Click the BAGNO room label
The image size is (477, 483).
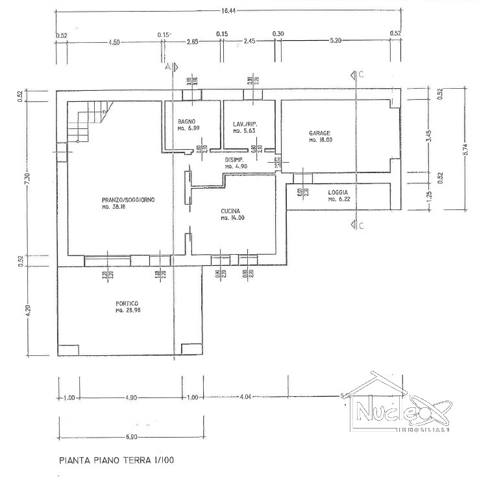[186, 122]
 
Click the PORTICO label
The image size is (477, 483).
[127, 303]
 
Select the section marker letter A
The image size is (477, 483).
[167, 67]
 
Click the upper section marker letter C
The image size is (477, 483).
[361, 75]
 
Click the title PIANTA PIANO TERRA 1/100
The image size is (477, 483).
[117, 462]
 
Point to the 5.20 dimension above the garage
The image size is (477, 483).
[336, 41]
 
